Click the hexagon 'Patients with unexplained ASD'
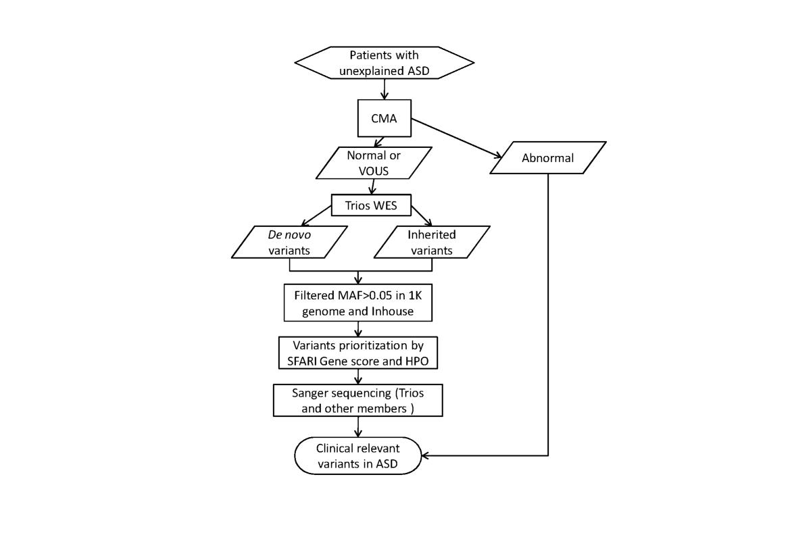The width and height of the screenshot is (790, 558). coord(384,63)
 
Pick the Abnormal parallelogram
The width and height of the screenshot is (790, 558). coord(547,158)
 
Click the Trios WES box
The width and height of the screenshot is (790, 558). coord(372,205)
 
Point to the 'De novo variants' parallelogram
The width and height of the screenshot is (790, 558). coord(289,243)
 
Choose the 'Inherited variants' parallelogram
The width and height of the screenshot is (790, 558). coord(432,243)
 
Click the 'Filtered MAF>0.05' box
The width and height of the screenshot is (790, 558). coord(358,304)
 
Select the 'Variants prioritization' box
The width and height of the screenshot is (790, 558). coord(358,353)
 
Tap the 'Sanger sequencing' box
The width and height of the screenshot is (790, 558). coord(358,401)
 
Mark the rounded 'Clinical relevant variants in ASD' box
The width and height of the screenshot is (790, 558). coord(358,455)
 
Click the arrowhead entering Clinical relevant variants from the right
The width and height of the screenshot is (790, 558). coord(426,455)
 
